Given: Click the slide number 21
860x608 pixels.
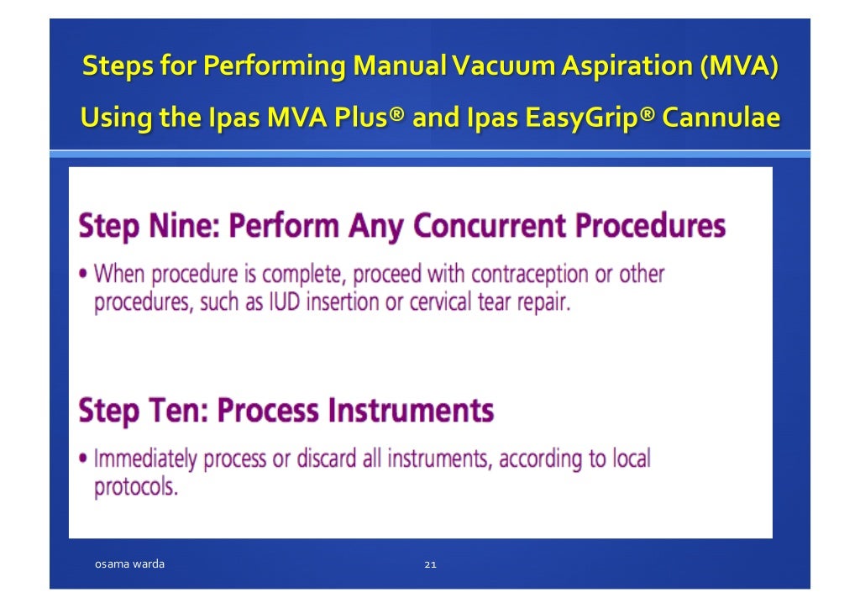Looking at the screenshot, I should tap(429, 564).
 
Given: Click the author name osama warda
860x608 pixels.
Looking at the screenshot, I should tap(129, 563).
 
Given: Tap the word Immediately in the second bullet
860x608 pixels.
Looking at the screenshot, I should tap(144, 459).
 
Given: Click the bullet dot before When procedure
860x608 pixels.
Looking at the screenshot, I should tap(84, 275).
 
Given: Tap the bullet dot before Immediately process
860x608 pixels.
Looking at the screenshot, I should tap(84, 460).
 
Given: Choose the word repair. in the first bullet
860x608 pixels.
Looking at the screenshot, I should tap(546, 302).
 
